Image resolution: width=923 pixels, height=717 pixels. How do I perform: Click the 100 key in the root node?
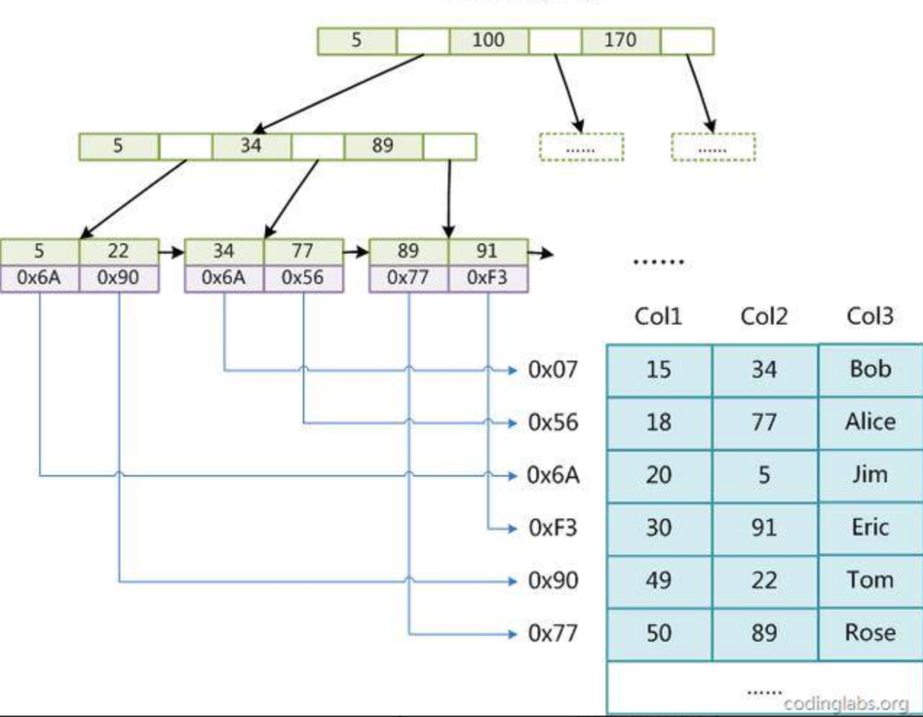point(488,41)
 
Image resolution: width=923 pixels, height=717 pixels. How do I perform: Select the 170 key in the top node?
point(620,41)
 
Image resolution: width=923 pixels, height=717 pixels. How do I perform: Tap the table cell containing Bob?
point(870,370)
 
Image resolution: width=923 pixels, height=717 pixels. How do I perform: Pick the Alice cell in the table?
point(870,423)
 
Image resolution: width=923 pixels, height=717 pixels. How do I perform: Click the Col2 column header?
point(764,316)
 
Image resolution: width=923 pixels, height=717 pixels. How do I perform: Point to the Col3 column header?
point(869,316)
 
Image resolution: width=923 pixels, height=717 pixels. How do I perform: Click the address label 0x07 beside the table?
point(553,370)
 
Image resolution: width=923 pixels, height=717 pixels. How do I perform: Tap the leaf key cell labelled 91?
point(487,251)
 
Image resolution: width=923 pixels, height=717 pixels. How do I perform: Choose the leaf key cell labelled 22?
point(118,251)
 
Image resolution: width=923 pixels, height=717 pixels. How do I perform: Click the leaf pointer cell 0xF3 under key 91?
point(487,278)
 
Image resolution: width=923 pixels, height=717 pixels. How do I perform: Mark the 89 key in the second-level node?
point(383,146)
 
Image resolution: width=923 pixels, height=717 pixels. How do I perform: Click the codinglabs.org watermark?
point(845,703)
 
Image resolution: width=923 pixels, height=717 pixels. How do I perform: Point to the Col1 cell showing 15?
point(659,370)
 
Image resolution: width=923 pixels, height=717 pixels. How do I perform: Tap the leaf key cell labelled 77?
point(303,251)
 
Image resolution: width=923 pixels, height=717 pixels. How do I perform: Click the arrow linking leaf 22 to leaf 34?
point(172,253)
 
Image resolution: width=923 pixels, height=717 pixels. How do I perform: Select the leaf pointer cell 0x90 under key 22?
point(118,278)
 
